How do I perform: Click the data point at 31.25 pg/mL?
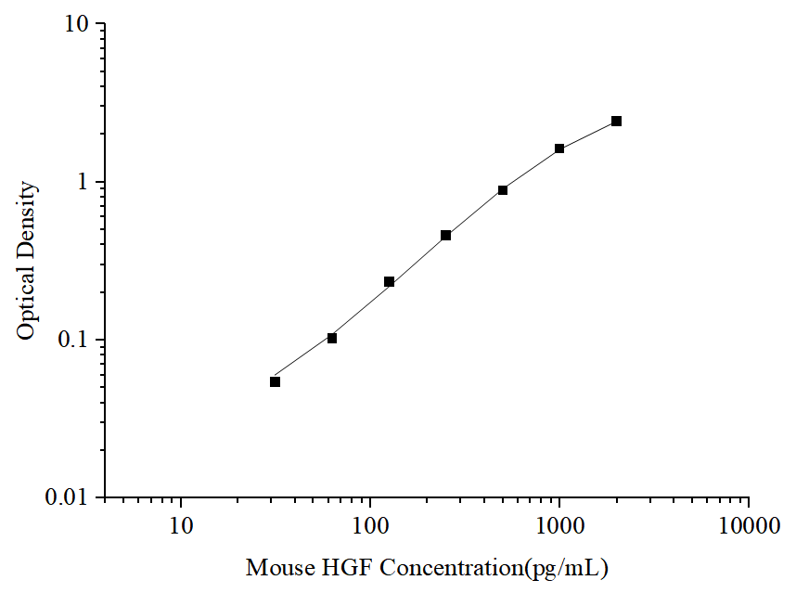click(x=276, y=381)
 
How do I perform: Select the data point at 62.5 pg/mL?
click(x=332, y=338)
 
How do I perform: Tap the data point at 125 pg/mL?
click(x=390, y=281)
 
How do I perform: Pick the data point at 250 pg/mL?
click(x=446, y=236)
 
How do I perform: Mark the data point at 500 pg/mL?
click(x=503, y=190)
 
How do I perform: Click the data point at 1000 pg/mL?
click(x=559, y=148)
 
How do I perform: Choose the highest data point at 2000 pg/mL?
click(x=616, y=122)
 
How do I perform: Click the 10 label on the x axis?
click(x=181, y=527)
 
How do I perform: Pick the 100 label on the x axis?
click(x=370, y=527)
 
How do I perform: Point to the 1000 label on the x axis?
click(x=559, y=527)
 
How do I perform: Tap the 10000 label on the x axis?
click(x=748, y=527)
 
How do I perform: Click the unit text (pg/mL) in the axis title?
click(x=567, y=567)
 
